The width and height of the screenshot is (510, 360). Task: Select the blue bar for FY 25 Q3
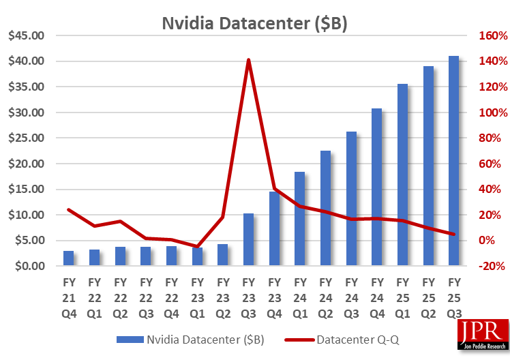click(x=453, y=160)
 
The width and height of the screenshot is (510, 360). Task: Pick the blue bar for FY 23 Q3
click(x=248, y=239)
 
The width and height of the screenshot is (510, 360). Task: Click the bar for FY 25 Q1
click(x=402, y=175)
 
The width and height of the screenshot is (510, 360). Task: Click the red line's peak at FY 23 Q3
click(x=248, y=60)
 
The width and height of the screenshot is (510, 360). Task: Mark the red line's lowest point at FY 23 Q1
click(x=197, y=246)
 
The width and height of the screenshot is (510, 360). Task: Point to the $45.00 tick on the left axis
click(x=26, y=35)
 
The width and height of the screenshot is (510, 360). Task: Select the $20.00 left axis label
click(x=26, y=164)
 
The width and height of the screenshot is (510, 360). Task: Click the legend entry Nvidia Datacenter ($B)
click(x=190, y=339)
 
